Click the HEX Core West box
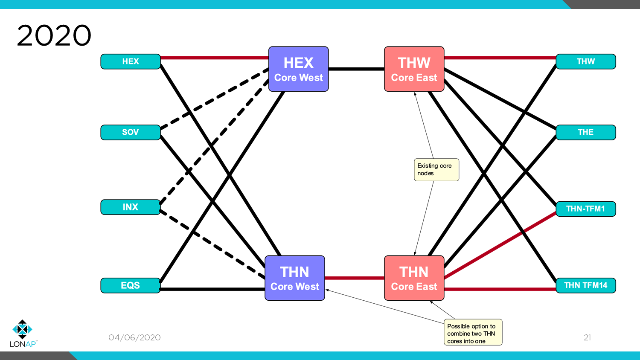point(298,69)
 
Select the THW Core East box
point(414,69)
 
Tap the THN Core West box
point(294,278)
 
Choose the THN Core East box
point(414,278)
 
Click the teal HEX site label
point(131,61)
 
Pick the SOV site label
point(131,132)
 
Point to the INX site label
point(131,207)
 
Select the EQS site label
point(131,285)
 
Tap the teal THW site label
point(585,61)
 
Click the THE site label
point(585,132)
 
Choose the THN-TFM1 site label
point(585,209)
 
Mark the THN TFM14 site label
point(585,285)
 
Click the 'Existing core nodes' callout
point(436,170)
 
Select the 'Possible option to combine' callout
point(473,332)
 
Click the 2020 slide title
point(54,35)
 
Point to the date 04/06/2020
point(134,337)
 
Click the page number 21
point(587,337)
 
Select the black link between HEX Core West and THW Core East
point(356,69)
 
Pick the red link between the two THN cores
point(354,278)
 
